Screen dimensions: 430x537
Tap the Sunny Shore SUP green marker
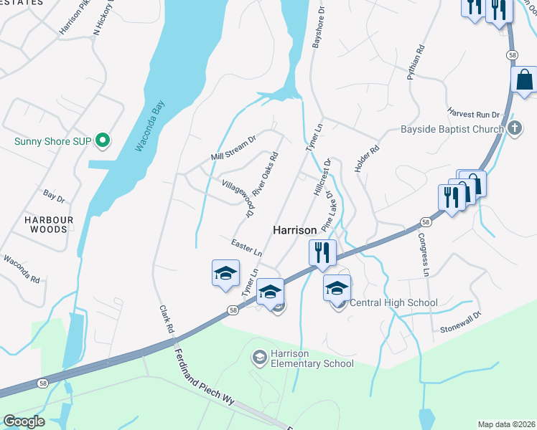coord(103,140)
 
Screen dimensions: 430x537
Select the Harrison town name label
coord(294,230)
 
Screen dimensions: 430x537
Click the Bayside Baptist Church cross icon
coord(514,129)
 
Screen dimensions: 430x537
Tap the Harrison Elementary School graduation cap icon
coord(260,356)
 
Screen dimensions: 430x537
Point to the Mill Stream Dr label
coord(233,147)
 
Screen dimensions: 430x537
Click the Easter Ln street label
coord(246,247)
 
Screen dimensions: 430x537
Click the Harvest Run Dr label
coord(473,113)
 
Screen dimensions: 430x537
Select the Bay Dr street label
coord(54,194)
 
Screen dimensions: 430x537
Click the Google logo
coord(24,421)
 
